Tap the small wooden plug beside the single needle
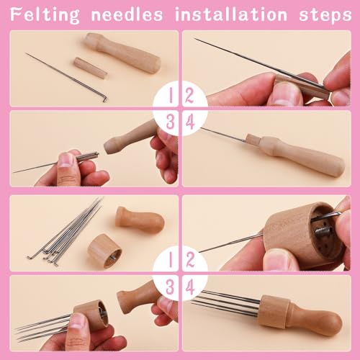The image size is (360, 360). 90,67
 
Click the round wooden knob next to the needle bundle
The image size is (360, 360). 140,219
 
